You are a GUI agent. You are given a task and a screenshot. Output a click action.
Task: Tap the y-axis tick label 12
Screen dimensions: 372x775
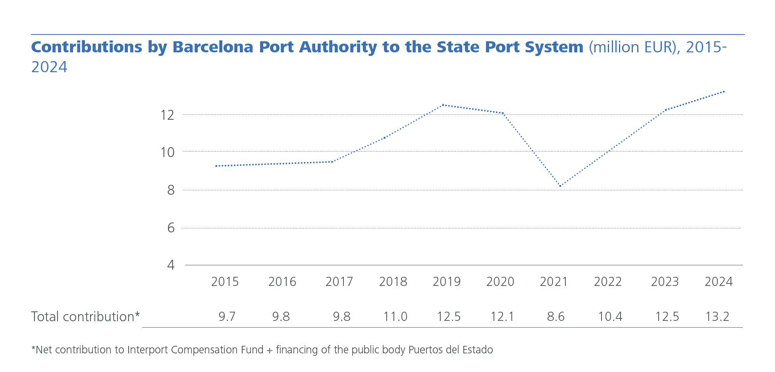point(167,115)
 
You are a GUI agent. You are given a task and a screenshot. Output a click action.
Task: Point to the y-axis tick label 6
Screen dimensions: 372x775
point(171,228)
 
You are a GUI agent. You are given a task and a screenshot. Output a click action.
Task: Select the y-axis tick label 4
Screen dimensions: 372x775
point(171,265)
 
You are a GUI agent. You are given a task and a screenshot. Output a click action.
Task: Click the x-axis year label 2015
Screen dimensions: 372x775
point(225,282)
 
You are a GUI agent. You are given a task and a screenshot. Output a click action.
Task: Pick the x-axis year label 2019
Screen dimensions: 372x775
point(446,282)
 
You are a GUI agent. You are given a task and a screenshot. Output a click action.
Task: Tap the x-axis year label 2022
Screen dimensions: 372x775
point(607,282)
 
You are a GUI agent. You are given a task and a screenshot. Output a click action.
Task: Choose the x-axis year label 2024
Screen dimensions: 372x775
point(718,282)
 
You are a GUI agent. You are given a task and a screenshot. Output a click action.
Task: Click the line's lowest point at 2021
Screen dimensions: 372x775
point(560,186)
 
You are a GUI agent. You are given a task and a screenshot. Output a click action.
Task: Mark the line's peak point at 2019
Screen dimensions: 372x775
point(443,105)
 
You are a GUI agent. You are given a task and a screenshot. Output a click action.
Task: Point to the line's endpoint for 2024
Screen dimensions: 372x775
point(724,92)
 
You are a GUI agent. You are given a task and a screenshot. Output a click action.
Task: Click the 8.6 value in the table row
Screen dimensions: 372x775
point(555,317)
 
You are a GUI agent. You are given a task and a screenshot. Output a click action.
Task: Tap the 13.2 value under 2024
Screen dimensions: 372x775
point(717,317)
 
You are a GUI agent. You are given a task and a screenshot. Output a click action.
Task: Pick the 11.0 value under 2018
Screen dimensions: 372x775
point(395,317)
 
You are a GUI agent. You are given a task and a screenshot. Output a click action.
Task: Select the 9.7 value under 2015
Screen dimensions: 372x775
point(227,317)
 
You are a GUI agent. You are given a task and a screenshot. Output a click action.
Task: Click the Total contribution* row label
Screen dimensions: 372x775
point(85,317)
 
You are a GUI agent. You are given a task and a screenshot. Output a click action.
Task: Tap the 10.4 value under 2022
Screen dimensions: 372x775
point(610,317)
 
